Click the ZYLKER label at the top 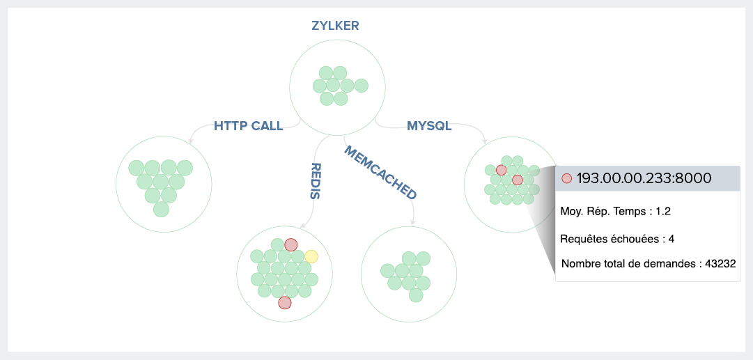click(x=335, y=26)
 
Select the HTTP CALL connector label click(x=248, y=126)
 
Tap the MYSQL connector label click(x=429, y=126)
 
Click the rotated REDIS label click(x=316, y=181)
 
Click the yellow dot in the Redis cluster click(x=311, y=256)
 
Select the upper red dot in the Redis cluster click(x=291, y=244)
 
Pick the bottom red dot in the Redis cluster click(x=284, y=303)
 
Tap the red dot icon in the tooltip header click(x=566, y=178)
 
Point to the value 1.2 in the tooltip click(x=664, y=211)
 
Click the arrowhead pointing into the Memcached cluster click(x=412, y=223)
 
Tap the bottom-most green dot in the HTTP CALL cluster click(x=161, y=209)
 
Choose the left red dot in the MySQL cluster click(x=501, y=170)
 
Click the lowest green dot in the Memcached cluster click(x=416, y=295)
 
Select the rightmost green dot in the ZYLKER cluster click(x=360, y=86)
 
